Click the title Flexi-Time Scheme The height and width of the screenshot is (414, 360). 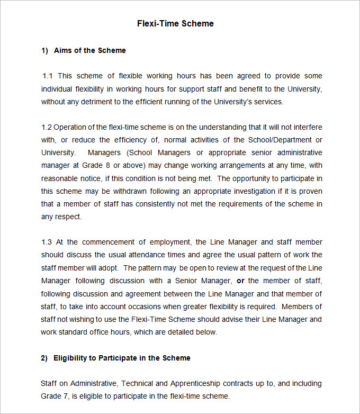pyautogui.click(x=175, y=23)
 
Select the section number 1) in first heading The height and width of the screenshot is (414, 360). pyautogui.click(x=44, y=51)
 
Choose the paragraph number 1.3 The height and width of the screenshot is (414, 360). pyautogui.click(x=47, y=242)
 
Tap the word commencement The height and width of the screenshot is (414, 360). pyautogui.click(x=109, y=242)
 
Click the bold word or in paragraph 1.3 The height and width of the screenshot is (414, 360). pyautogui.click(x=240, y=281)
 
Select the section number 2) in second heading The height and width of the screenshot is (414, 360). pyautogui.click(x=44, y=358)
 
